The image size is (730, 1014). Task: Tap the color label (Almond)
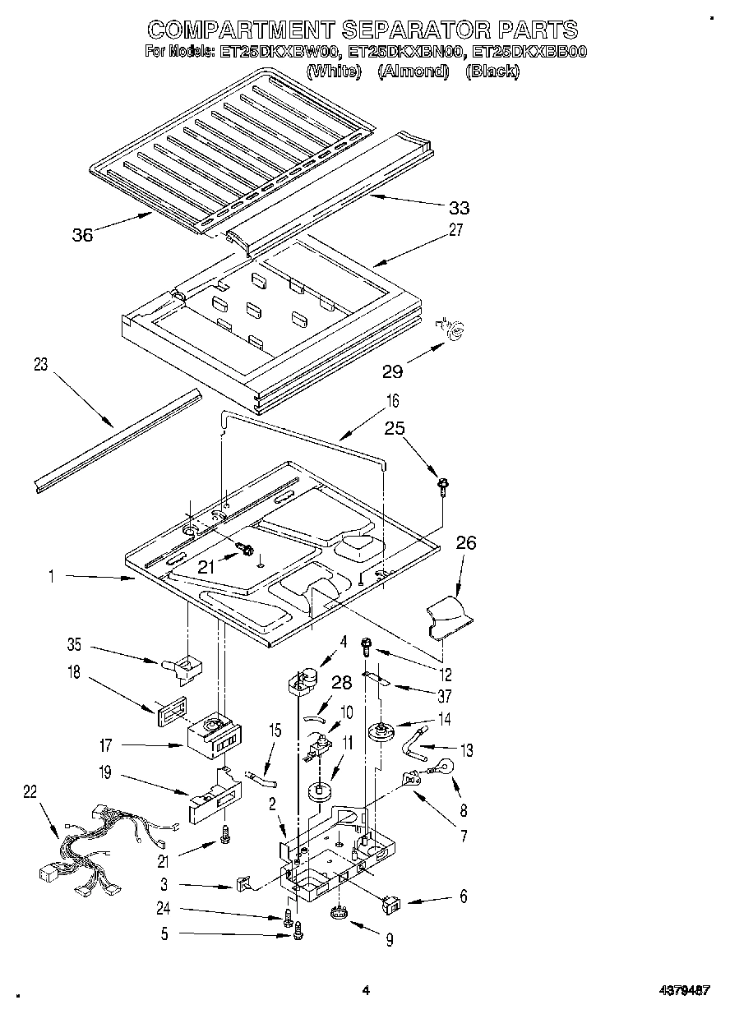click(414, 71)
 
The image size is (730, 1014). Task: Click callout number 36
click(83, 234)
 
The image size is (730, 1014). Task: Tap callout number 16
click(393, 402)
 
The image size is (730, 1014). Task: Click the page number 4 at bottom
click(366, 991)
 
